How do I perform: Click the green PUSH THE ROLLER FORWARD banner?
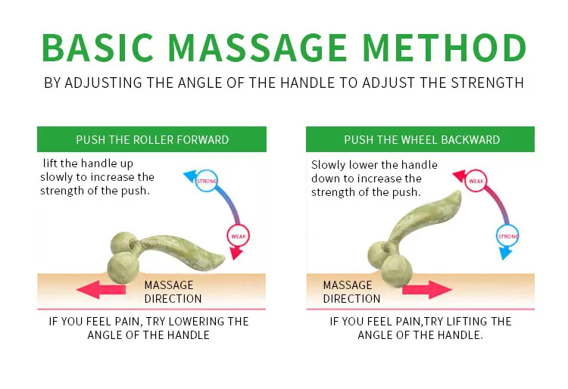(152, 140)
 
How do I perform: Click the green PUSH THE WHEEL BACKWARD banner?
(421, 140)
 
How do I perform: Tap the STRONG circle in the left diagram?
(207, 181)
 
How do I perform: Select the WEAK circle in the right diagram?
(476, 181)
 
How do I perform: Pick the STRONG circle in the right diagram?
(508, 236)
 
